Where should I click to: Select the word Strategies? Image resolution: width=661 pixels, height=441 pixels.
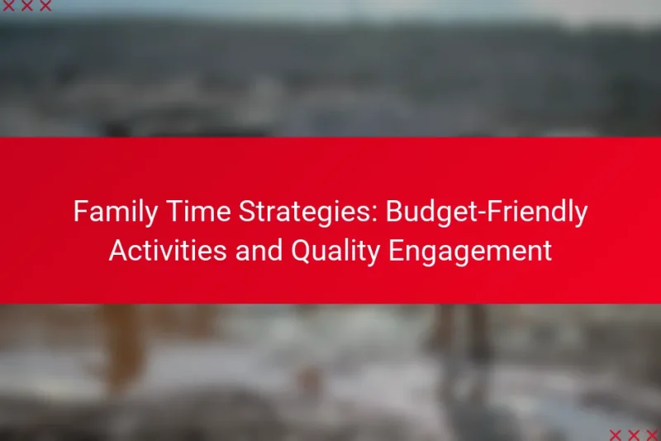point(302,213)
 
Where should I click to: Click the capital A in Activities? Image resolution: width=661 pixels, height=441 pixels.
point(117,251)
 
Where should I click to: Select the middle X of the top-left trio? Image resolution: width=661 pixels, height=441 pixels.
point(31,6)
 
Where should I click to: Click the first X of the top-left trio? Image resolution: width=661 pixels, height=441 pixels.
point(16,6)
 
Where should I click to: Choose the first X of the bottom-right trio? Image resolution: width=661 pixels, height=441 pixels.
point(615,434)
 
